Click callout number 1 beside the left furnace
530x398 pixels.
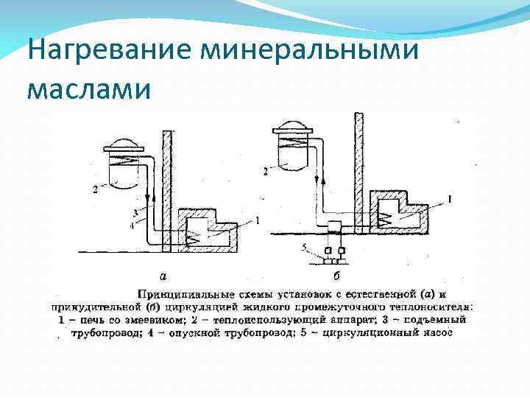pos(258,218)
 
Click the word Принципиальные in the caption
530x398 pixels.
pos(183,293)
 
